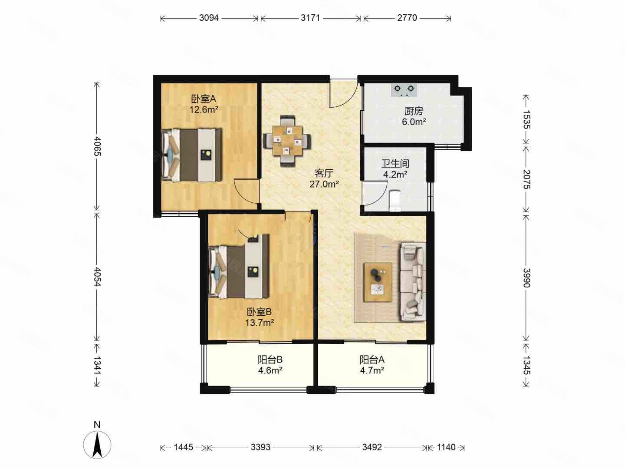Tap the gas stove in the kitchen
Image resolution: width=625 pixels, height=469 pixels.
point(404,90)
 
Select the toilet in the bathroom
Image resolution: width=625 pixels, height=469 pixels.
point(395,201)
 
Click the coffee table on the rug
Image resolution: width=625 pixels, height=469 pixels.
point(378,282)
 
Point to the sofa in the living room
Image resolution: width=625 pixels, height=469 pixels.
point(413,282)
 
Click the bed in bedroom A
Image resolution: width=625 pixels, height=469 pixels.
point(192,155)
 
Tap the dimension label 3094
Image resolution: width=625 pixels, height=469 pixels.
point(209,18)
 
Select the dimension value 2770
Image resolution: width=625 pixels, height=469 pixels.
point(407,18)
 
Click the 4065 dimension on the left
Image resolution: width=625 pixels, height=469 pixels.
point(97,146)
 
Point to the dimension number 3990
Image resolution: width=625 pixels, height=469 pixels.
point(526,277)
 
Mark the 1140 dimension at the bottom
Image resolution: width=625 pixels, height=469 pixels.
point(446,447)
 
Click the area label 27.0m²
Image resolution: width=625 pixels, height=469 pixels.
point(324,184)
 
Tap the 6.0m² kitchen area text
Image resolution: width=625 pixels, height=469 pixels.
point(414,122)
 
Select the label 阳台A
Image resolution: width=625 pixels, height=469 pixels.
point(372,360)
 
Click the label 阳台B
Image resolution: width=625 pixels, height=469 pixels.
point(270,360)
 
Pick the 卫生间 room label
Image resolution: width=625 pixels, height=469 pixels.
point(395,163)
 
